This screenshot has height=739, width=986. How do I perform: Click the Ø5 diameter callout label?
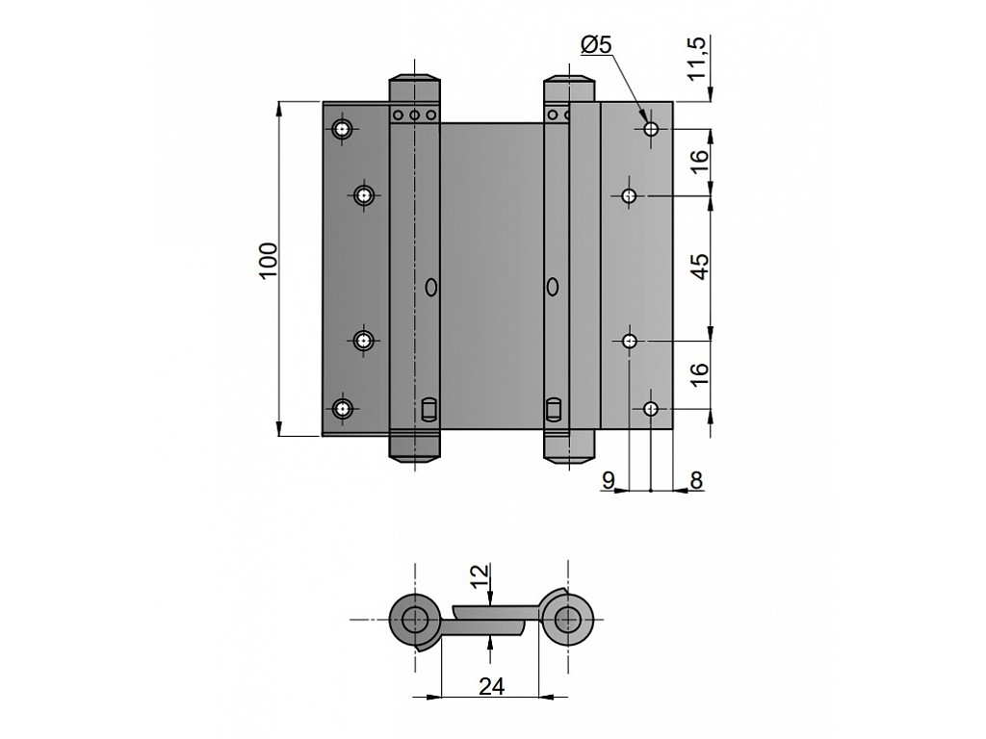(x=596, y=44)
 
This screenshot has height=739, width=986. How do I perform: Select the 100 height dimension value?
(x=268, y=261)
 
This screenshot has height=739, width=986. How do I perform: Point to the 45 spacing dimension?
(x=699, y=266)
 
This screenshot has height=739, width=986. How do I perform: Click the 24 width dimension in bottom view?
(x=491, y=687)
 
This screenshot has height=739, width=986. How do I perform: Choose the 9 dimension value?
(x=609, y=481)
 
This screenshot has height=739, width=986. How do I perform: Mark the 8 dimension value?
(x=696, y=481)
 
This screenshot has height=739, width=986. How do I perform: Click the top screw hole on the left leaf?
(x=342, y=130)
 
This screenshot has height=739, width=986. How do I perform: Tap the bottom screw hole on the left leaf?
(x=342, y=409)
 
